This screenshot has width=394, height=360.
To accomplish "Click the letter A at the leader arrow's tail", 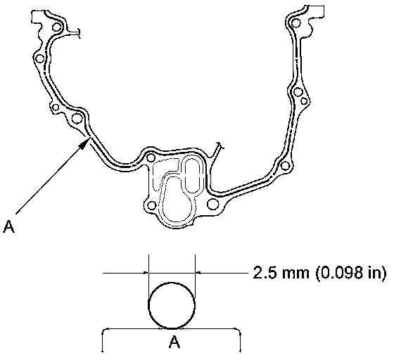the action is (8, 226).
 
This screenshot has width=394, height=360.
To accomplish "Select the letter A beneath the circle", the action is (174, 342).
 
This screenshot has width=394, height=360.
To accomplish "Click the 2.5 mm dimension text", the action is (281, 273).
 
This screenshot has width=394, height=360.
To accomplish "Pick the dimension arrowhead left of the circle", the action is (146, 272).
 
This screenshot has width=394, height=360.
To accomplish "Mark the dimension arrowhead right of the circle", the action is (198, 272).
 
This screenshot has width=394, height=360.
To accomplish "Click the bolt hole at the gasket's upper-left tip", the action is (56, 27).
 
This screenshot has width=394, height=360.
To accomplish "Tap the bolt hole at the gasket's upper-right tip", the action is (296, 23).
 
